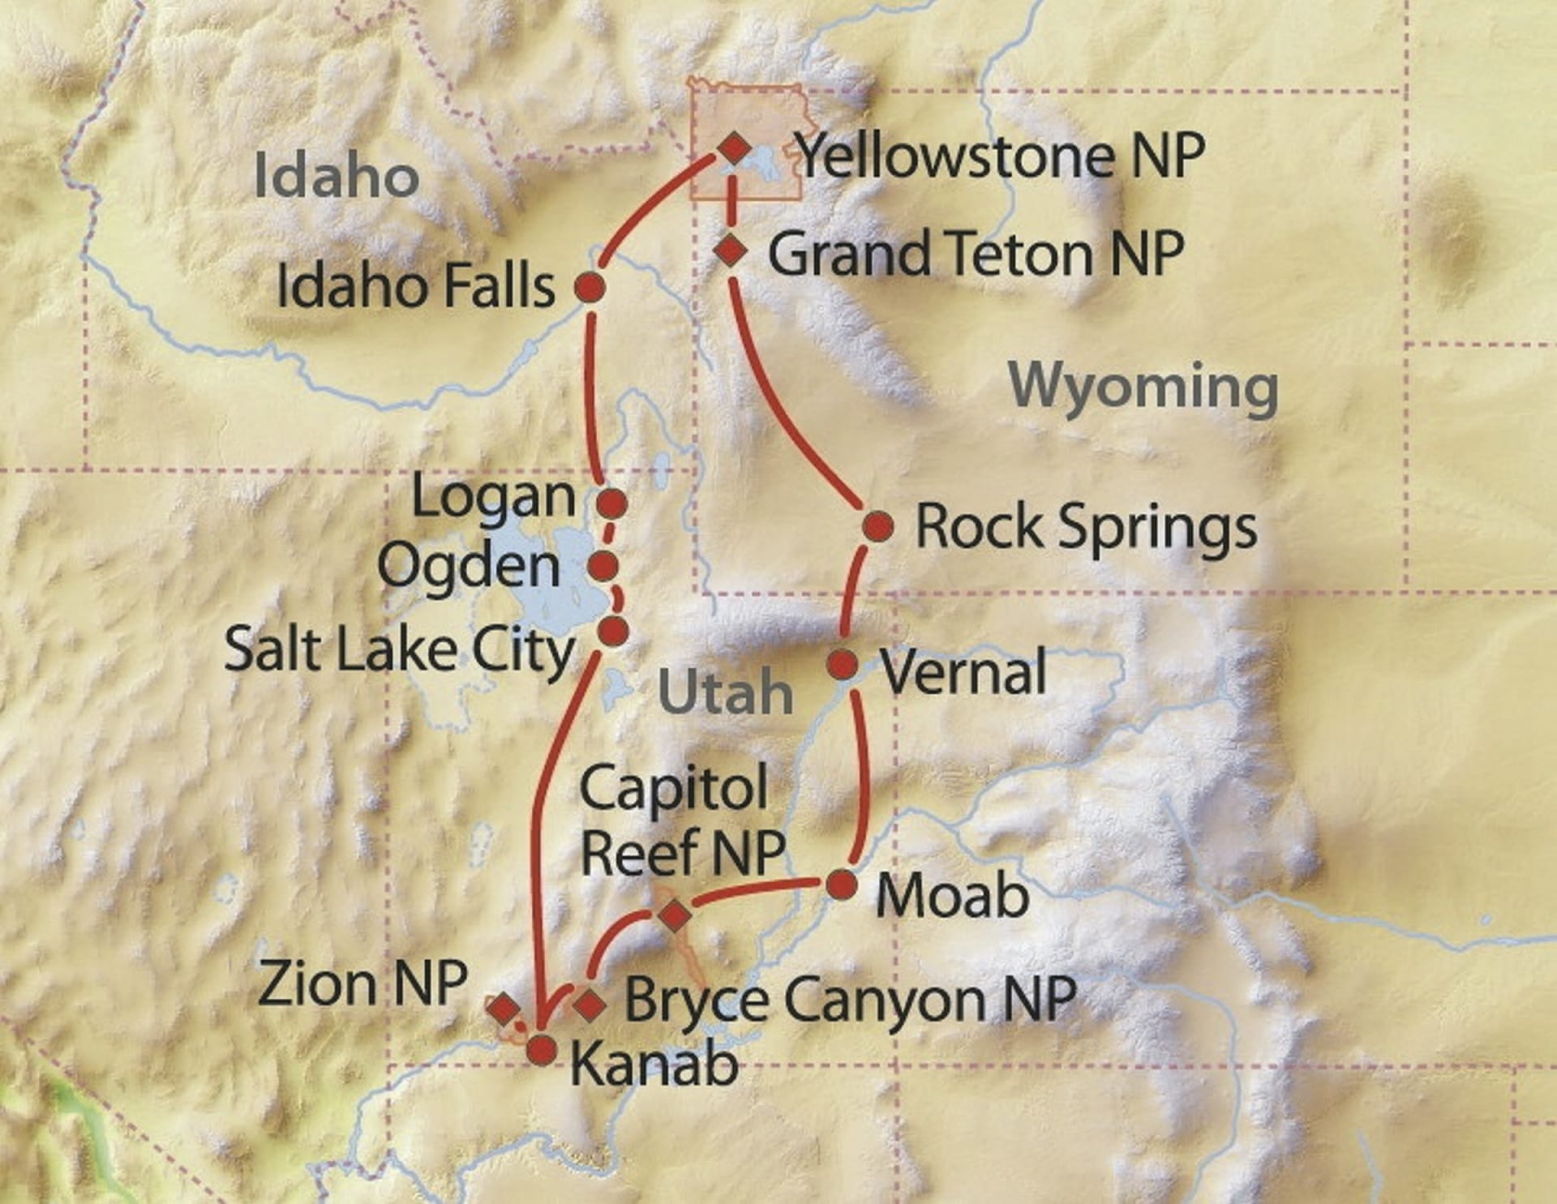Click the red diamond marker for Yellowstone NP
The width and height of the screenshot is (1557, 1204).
(x=735, y=148)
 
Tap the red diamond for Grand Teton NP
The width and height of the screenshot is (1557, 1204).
(x=731, y=249)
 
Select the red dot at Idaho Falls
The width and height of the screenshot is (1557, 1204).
(x=590, y=287)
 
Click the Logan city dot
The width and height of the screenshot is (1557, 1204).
(x=611, y=503)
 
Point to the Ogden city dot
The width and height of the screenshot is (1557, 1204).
(x=603, y=566)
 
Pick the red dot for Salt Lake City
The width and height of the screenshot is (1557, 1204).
(x=613, y=630)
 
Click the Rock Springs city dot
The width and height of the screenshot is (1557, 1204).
(x=877, y=527)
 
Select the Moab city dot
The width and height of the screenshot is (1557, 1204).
(x=842, y=885)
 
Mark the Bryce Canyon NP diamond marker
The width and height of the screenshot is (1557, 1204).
(x=590, y=1004)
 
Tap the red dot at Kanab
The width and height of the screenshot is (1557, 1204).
(x=542, y=1050)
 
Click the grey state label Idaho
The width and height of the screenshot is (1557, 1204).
(x=336, y=175)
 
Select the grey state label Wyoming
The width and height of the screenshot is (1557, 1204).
(x=1143, y=388)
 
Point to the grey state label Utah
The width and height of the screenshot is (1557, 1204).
(x=725, y=692)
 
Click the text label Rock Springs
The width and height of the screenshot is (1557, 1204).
(x=1086, y=527)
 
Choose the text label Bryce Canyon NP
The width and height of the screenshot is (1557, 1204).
(x=850, y=1000)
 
